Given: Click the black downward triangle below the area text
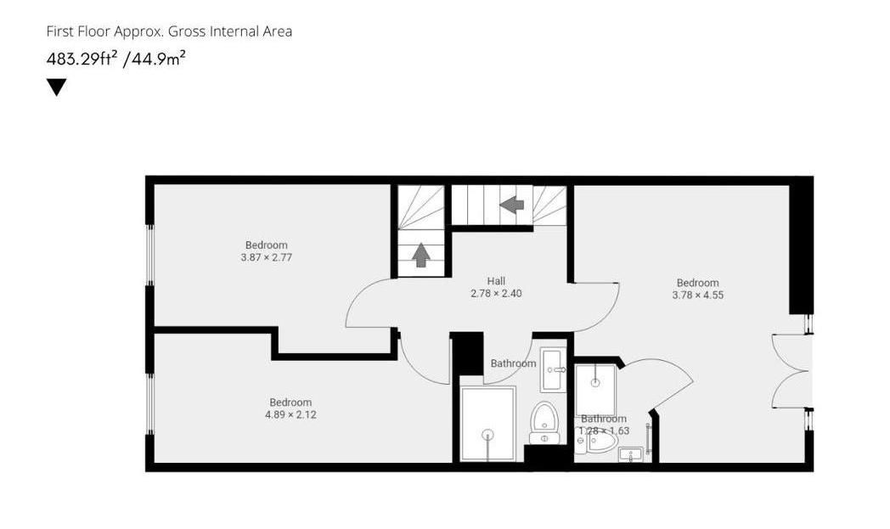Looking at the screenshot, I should pyautogui.click(x=56, y=87).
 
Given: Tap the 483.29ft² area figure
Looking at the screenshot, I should pyautogui.click(x=82, y=60).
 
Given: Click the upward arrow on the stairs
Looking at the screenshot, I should pyautogui.click(x=421, y=254).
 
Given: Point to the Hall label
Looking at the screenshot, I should pyautogui.click(x=496, y=281).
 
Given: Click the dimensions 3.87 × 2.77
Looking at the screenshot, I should pyautogui.click(x=266, y=257).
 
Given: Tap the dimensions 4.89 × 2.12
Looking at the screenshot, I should pyautogui.click(x=290, y=414).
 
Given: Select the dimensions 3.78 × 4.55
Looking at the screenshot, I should pyautogui.click(x=697, y=295).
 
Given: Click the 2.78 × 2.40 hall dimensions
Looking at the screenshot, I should pyautogui.click(x=496, y=294).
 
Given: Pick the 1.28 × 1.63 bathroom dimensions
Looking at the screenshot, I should pyautogui.click(x=604, y=431).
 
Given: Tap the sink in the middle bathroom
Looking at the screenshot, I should pyautogui.click(x=552, y=368).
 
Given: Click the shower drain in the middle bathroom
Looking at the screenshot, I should pyautogui.click(x=487, y=435).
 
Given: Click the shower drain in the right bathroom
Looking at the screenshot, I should pyautogui.click(x=594, y=381).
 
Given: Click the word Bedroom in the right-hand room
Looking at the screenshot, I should pyautogui.click(x=697, y=283).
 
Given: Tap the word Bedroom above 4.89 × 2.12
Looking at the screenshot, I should pyautogui.click(x=290, y=402).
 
